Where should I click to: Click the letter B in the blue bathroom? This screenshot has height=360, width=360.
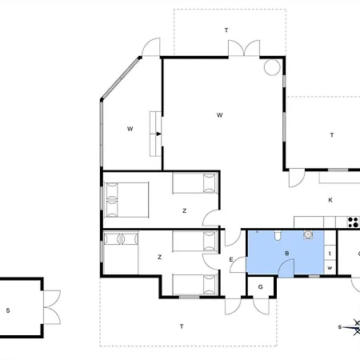click(287, 254)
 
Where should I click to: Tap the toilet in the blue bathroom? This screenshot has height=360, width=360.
click(278, 235)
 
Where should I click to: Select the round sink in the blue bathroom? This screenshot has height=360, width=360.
click(308, 234)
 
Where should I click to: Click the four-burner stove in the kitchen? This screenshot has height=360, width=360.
click(354, 222)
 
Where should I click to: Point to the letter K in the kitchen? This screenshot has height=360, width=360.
click(330, 200)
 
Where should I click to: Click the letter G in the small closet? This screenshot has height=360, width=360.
click(261, 287)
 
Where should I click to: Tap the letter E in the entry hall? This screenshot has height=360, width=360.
click(231, 259)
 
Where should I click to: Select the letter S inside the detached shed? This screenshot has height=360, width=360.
click(8, 310)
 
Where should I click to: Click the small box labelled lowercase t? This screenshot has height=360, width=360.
click(330, 253)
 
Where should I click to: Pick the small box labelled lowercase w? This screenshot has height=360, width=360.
click(330, 268)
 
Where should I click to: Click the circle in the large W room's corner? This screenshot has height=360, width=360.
click(272, 67)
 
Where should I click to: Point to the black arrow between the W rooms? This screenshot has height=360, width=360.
click(158, 134)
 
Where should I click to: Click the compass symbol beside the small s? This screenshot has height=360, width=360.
click(354, 327)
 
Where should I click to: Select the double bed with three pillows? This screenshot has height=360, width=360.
click(126, 200)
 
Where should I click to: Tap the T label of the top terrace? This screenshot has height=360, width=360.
click(226, 30)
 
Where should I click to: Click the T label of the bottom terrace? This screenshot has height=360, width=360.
click(182, 326)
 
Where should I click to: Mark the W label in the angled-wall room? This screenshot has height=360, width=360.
click(130, 129)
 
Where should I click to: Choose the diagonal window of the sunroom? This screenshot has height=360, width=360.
click(121, 78)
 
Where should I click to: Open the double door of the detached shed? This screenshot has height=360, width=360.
click(52, 307)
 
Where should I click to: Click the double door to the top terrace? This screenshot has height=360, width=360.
click(244, 48)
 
